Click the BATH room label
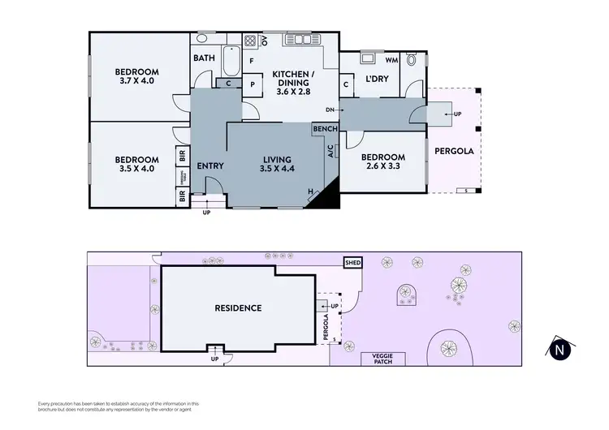(203, 58)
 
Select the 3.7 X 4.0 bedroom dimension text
(136, 81)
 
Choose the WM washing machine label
(391, 60)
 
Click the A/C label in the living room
(330, 151)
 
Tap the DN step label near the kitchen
(330, 110)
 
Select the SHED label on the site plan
(353, 263)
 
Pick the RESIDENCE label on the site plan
(238, 307)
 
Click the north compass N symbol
(559, 349)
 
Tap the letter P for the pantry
(252, 84)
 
